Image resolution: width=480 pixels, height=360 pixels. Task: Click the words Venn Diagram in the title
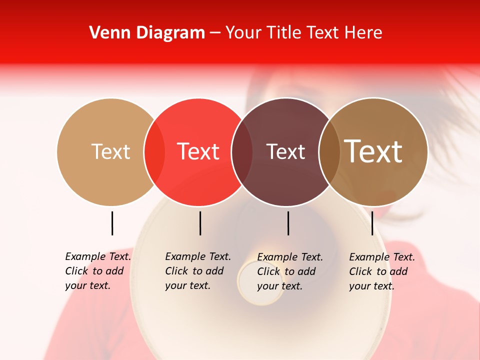click(x=147, y=33)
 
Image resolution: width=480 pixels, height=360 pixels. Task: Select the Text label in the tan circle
click(x=110, y=151)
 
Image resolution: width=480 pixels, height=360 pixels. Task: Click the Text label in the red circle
click(x=198, y=151)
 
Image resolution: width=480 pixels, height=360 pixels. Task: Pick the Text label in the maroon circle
click(x=285, y=152)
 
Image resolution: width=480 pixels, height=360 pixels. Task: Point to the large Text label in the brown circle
click(x=373, y=151)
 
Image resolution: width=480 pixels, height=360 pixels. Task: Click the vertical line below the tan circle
click(x=112, y=223)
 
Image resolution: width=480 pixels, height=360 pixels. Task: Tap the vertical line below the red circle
click(x=200, y=223)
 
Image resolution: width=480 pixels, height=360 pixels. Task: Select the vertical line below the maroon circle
click(x=288, y=223)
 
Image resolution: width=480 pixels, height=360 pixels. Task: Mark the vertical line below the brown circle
click(x=372, y=223)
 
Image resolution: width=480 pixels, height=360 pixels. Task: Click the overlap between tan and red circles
click(x=154, y=152)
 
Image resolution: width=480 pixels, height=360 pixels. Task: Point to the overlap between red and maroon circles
click(x=242, y=152)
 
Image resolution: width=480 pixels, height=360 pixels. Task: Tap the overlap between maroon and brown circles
click(x=329, y=152)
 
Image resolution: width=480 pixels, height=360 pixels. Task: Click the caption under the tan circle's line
click(x=98, y=271)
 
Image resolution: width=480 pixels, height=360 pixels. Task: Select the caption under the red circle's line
click(x=198, y=271)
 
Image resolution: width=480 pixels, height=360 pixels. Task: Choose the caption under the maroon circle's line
click(x=290, y=271)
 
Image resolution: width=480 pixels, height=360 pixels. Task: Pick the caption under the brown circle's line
click(x=382, y=271)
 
